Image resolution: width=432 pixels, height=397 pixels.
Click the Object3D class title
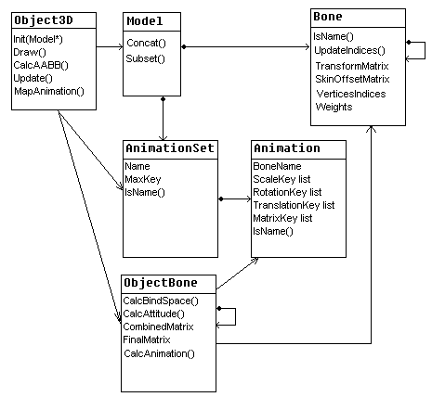[44, 20]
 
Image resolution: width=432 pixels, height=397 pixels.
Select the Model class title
[145, 21]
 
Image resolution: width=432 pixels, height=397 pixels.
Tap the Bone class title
[328, 16]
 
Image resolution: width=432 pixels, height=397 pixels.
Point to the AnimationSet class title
[170, 148]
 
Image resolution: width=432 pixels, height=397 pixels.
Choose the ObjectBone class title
[161, 283]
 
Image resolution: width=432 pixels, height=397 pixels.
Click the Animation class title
[287, 148]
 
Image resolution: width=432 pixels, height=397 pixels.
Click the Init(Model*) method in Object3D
[38, 39]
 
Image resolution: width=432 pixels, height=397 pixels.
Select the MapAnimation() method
[49, 91]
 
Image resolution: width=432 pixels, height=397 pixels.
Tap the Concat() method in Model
[146, 43]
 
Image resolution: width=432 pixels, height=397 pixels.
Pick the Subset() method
[145, 58]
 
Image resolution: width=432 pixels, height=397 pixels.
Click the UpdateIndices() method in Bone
[349, 50]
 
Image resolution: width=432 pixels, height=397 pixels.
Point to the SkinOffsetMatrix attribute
[352, 79]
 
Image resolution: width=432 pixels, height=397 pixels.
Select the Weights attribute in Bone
[334, 107]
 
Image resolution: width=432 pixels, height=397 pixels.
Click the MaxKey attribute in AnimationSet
[143, 179]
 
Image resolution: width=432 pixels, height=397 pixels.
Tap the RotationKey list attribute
[287, 192]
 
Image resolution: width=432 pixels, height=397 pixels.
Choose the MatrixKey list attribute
[282, 218]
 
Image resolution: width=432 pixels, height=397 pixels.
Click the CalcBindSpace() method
[161, 301]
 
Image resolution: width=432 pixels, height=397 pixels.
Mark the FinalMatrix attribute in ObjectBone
[147, 339]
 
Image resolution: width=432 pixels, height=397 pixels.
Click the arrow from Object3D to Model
[110, 47]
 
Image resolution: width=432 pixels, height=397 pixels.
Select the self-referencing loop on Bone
[425, 50]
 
